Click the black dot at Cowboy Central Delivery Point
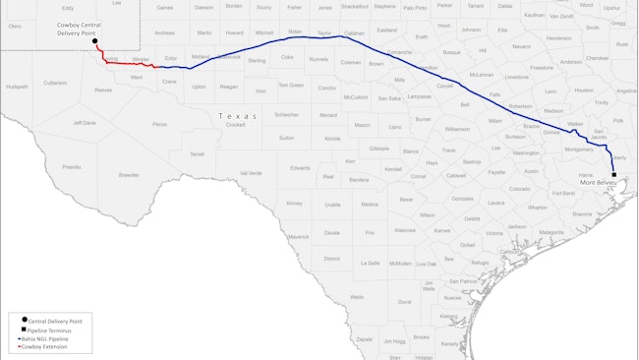click(94, 42)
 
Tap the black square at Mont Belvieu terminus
click(613, 174)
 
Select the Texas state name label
click(237, 116)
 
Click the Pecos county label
click(159, 124)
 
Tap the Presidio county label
click(71, 167)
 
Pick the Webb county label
click(356, 296)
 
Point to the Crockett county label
click(235, 125)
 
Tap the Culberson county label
click(55, 83)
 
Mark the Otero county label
click(15, 27)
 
